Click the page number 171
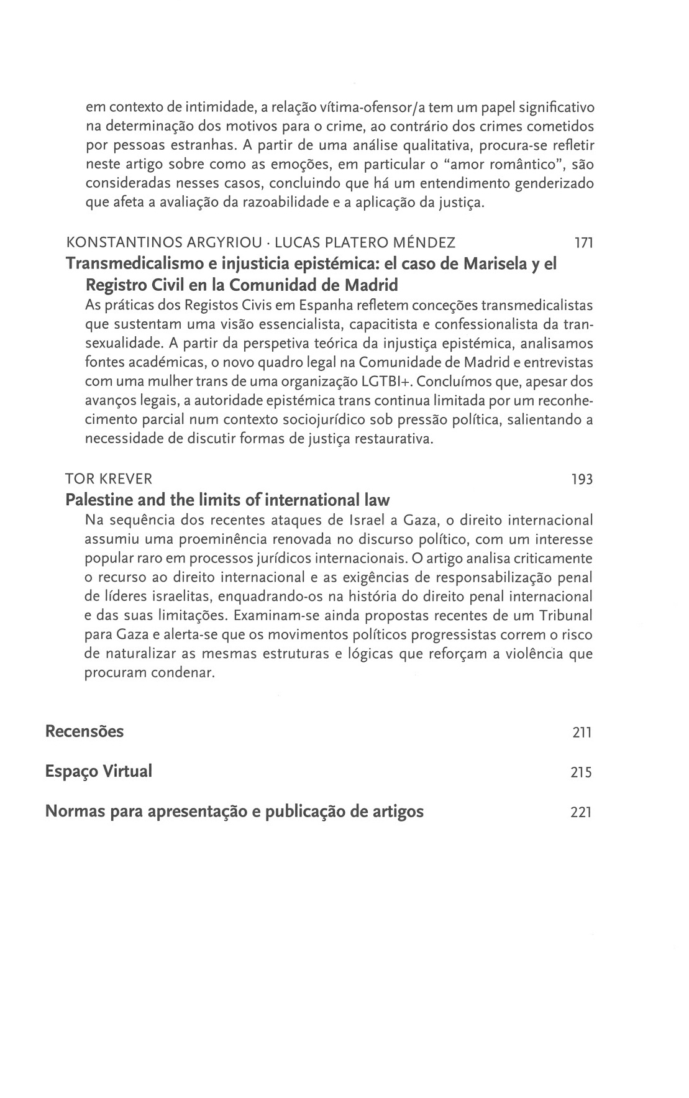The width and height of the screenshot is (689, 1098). click(x=583, y=244)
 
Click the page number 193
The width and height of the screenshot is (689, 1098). click(x=582, y=480)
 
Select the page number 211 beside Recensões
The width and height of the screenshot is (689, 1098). click(x=582, y=733)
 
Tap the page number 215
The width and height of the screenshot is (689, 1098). click(x=582, y=773)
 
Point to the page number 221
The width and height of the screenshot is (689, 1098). click(x=582, y=813)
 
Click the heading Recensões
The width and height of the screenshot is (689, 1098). click(x=84, y=731)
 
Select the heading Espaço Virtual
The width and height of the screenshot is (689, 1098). click(x=98, y=772)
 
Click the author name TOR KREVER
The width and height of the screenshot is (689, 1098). click(x=109, y=479)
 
